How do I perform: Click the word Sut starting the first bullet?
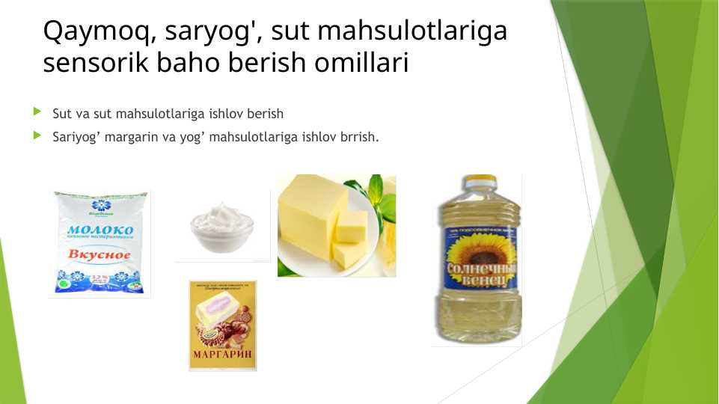pyautogui.click(x=61, y=114)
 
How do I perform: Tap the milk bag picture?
pyautogui.click(x=100, y=243)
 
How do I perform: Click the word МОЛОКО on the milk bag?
pyautogui.click(x=100, y=230)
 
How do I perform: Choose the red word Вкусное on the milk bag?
pyautogui.click(x=100, y=255)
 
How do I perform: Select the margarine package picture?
pyautogui.click(x=222, y=325)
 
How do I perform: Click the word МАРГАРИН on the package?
pyautogui.click(x=222, y=354)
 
